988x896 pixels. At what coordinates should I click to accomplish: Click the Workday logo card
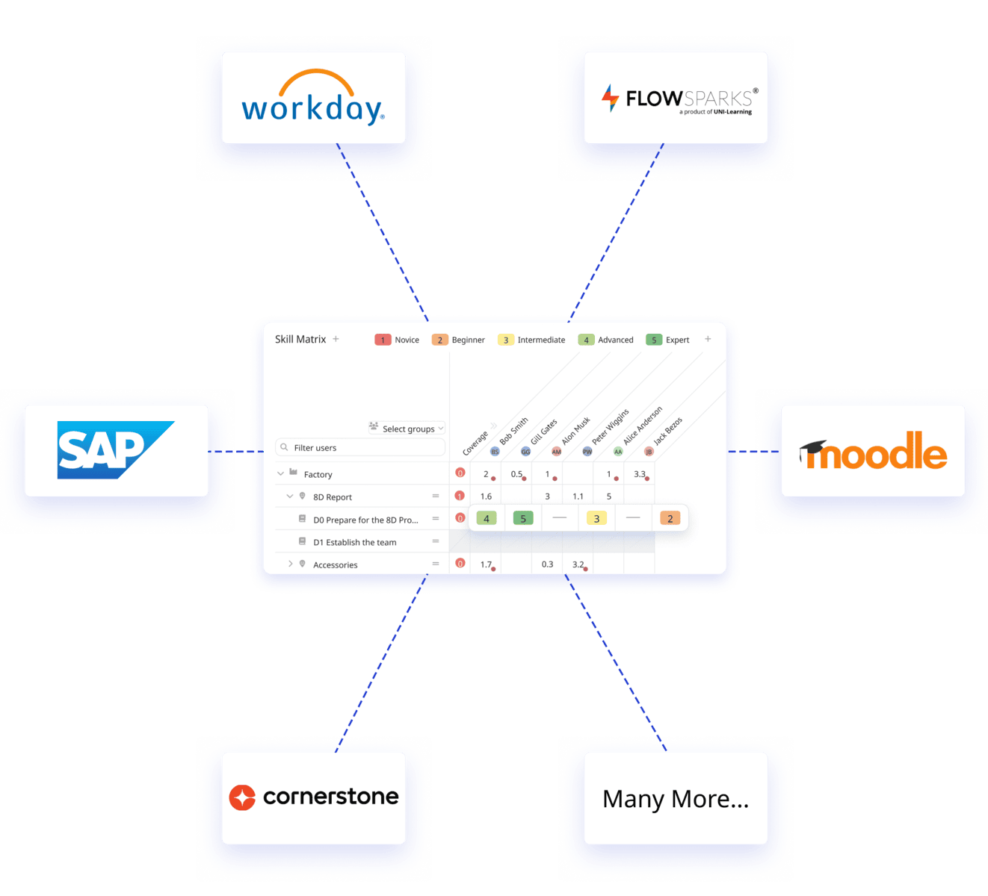point(313,98)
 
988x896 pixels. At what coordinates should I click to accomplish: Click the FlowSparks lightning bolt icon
point(611,98)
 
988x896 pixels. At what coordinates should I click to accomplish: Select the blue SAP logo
point(116,450)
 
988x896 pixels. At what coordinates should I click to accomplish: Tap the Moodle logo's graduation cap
point(814,449)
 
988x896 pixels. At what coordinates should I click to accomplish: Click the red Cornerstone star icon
point(242,797)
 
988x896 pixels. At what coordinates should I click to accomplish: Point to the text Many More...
point(675,799)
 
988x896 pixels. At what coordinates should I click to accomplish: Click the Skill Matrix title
point(300,339)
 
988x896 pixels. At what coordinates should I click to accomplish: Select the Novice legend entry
point(398,340)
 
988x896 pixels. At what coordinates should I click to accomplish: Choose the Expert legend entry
point(668,340)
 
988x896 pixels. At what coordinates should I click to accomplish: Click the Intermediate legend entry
point(532,340)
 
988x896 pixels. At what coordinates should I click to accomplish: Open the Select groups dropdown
point(407,429)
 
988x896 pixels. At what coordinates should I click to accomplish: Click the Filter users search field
point(360,447)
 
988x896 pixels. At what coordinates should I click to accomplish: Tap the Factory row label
point(318,474)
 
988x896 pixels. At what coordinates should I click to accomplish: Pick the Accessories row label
point(335,564)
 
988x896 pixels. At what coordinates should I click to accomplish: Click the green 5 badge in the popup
point(523,518)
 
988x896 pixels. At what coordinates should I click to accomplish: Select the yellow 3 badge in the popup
point(596,518)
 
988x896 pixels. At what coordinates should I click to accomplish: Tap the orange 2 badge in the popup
point(670,518)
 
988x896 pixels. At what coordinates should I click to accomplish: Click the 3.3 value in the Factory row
point(639,474)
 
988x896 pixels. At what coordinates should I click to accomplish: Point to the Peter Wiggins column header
point(610,428)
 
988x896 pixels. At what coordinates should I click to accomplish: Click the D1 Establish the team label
point(354,542)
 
